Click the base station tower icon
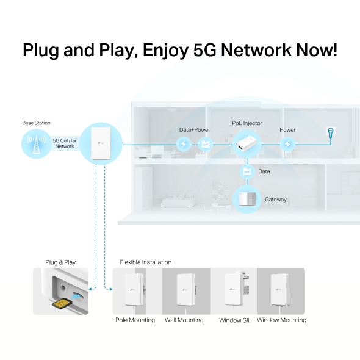(36, 145)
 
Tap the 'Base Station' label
(37, 123)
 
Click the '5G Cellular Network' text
(65, 143)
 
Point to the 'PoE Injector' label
(247, 123)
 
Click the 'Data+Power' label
(195, 130)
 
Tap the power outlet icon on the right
(331, 132)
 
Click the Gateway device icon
(247, 200)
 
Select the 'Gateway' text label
(275, 200)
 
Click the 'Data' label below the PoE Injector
(264, 171)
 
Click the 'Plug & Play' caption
(60, 262)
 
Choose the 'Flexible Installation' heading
(146, 262)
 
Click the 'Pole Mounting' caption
(135, 320)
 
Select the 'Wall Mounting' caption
(184, 320)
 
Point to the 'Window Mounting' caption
(281, 320)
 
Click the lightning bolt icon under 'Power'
(287, 145)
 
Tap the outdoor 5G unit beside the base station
(101, 144)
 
